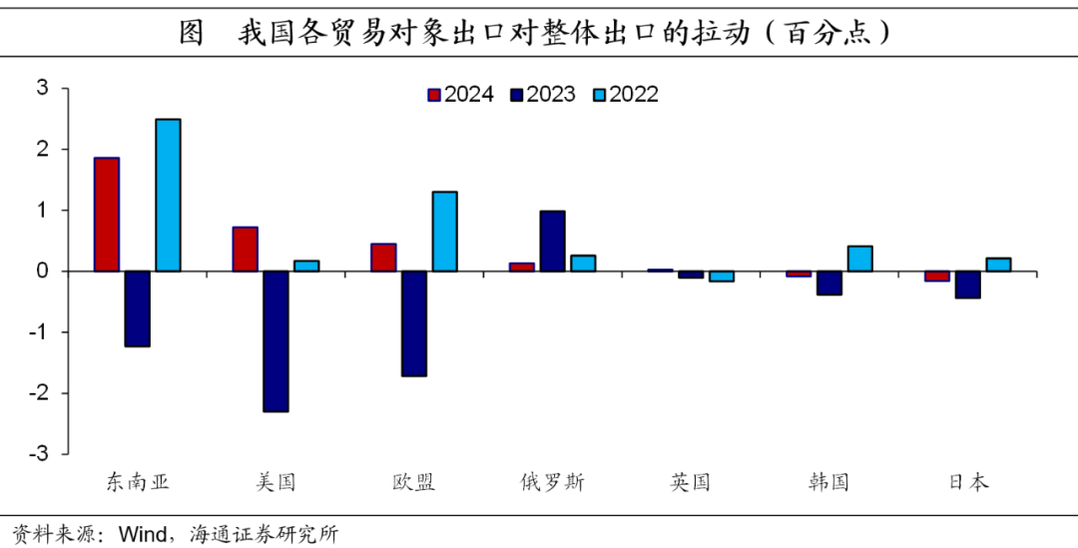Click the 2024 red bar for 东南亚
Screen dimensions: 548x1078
(x=107, y=215)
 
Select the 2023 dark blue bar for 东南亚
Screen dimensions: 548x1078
(x=137, y=308)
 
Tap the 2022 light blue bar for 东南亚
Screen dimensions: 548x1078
(x=168, y=196)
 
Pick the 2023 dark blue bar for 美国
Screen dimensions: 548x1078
(x=275, y=341)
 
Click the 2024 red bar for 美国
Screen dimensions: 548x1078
(x=245, y=250)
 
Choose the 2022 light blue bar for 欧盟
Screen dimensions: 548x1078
(x=444, y=232)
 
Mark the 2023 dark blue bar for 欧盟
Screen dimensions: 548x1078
(x=413, y=323)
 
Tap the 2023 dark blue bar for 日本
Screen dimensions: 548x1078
(x=967, y=284)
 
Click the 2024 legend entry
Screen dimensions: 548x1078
(x=460, y=95)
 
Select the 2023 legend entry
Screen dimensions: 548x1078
(x=543, y=95)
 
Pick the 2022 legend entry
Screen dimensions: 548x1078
(x=626, y=95)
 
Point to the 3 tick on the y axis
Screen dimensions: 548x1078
(x=42, y=88)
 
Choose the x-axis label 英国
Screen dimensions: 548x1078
(x=690, y=483)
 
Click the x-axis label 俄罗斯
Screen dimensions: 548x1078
(x=552, y=483)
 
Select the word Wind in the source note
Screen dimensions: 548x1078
(x=142, y=534)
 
